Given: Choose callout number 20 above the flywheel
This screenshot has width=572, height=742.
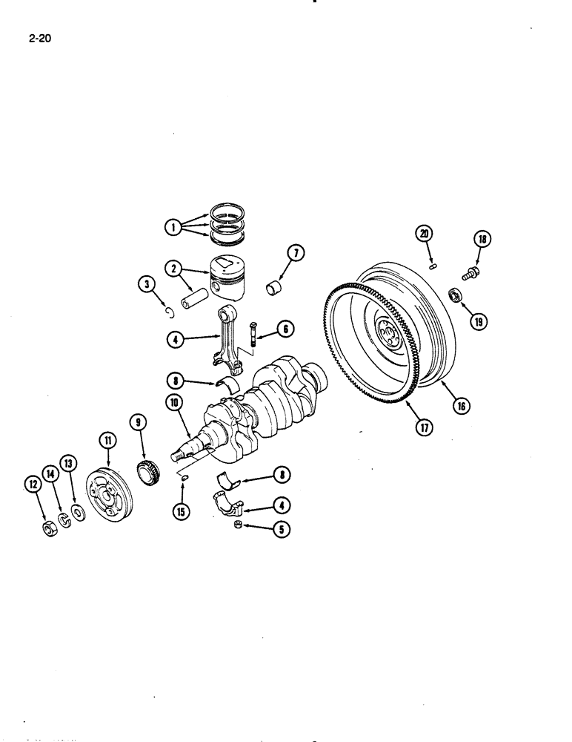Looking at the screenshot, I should [424, 234].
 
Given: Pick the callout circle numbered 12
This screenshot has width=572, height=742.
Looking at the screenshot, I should [33, 485].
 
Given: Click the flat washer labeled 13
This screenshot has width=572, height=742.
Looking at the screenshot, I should [76, 515].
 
